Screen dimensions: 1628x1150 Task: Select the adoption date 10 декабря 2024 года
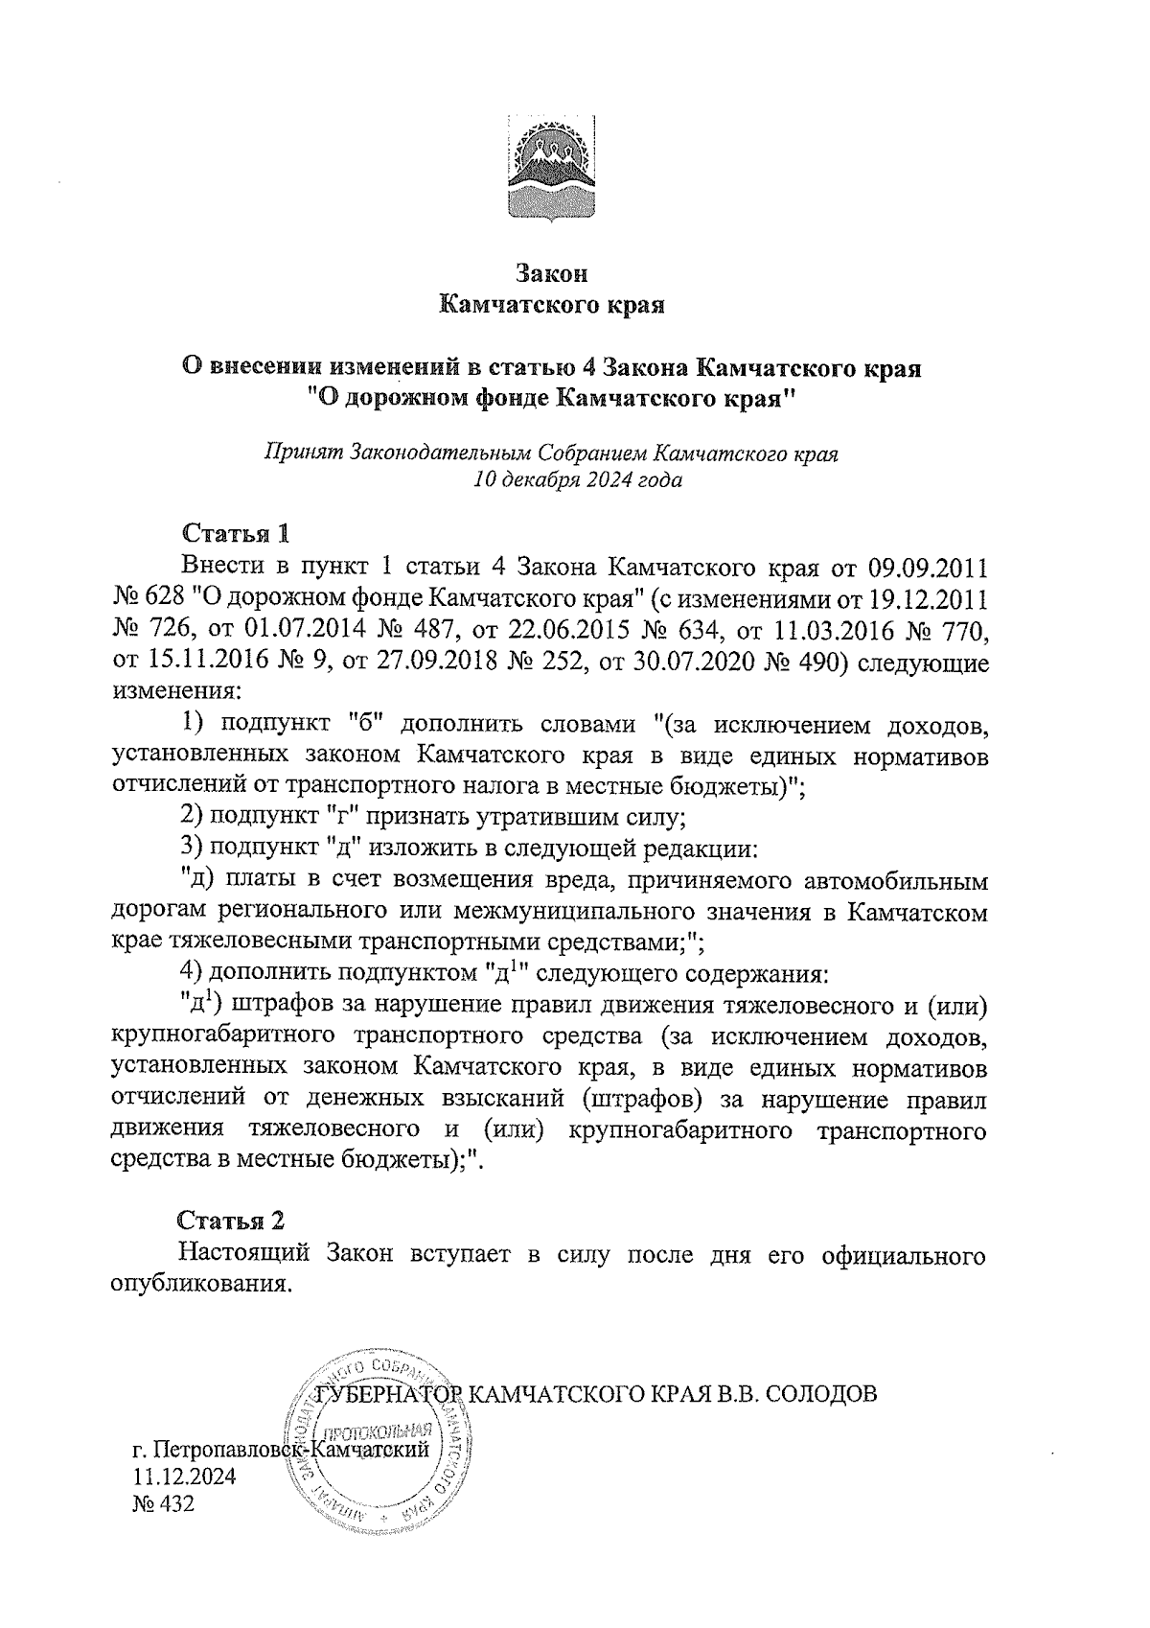click(x=578, y=479)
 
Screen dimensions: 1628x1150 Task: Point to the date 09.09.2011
click(x=927, y=566)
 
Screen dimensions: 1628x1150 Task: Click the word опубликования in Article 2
click(x=200, y=1285)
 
